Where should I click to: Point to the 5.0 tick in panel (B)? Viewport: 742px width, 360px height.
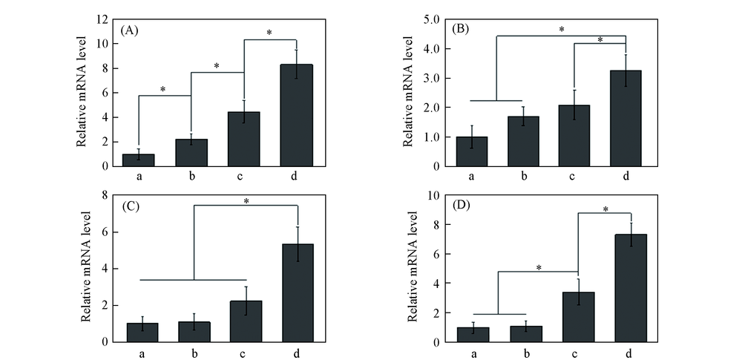pyautogui.click(x=432, y=19)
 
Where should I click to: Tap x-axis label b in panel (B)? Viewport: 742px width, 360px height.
pyautogui.click(x=523, y=177)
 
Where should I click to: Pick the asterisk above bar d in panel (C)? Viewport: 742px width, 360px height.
pyautogui.click(x=245, y=200)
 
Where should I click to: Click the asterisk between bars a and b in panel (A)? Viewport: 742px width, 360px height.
pyautogui.click(x=162, y=90)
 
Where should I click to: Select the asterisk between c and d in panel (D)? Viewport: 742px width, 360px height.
pyautogui.click(x=605, y=209)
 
